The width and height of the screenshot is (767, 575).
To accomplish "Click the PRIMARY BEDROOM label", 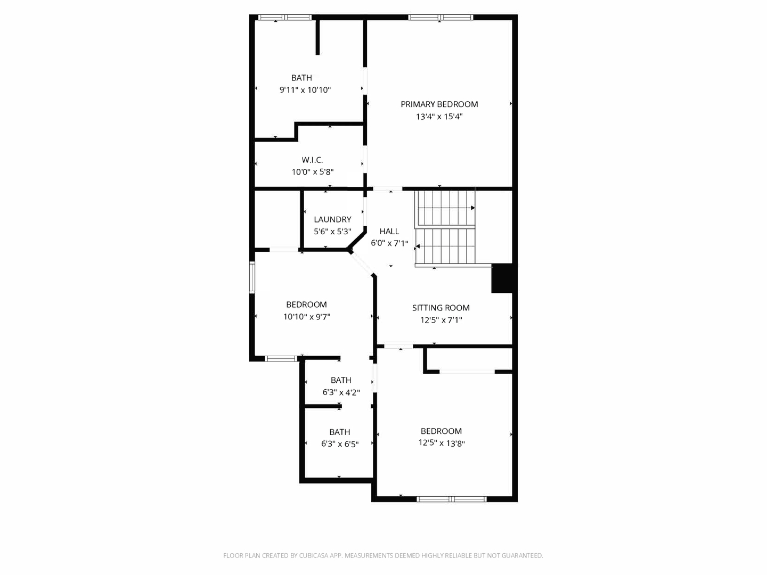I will coord(439,104).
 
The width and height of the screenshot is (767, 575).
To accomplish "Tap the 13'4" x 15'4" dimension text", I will coord(439,117).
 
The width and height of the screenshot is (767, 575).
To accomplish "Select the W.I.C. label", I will coord(312,160).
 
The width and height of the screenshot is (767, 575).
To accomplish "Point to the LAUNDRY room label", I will coord(332,219).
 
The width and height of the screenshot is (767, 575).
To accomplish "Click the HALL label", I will coord(389,231).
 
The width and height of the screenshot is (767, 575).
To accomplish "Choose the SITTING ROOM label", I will coord(440,308).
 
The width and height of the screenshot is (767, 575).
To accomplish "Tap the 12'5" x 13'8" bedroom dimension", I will coord(441,443).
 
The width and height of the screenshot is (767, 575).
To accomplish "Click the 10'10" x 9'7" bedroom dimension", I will coord(306,317).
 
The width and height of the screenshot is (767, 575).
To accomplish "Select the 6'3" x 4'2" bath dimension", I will coord(341,392).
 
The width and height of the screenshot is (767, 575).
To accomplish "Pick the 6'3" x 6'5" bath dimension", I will coord(339,444).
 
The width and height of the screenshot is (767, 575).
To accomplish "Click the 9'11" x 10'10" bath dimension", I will coord(305,90).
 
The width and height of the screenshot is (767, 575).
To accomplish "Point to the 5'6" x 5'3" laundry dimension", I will coord(332,232).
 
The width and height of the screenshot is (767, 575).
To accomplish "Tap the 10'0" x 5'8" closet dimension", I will coord(312,172).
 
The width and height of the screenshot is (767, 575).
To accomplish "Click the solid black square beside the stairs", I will coord(503,278).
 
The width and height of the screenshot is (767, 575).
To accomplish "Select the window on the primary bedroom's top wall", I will coord(440,18).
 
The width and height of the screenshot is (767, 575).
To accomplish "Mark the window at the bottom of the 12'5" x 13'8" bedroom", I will coord(451,499).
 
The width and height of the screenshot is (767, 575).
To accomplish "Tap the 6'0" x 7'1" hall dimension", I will coord(389,243).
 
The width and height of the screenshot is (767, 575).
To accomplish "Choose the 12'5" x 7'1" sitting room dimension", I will coord(440,320).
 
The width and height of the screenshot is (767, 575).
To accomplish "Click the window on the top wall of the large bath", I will coord(284,18).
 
